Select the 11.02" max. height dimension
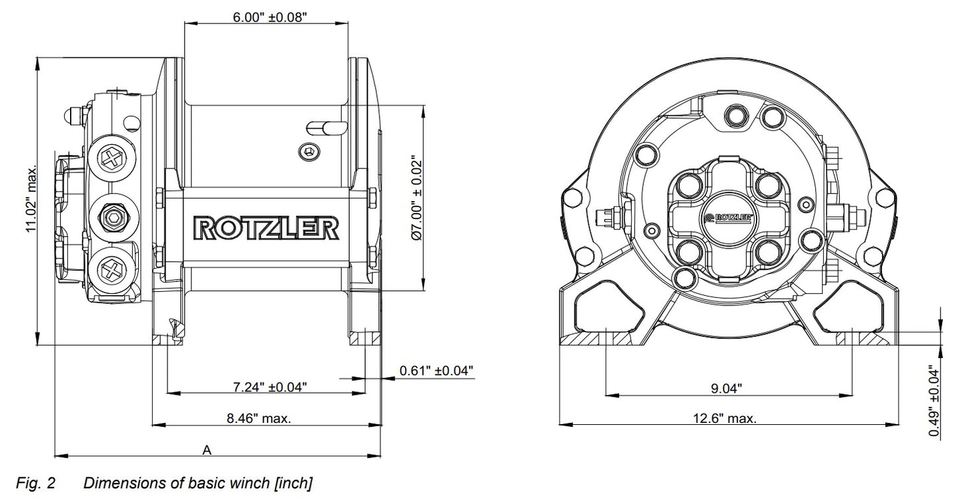pos(31,199)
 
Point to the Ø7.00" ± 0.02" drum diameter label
pos(416,198)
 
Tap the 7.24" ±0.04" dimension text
pos(270,386)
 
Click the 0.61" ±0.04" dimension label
pos(436,369)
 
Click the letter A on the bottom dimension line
pos(207,450)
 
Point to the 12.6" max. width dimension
pos(725,419)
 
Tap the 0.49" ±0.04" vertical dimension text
pos(935,403)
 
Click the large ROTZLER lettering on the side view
pos(265,228)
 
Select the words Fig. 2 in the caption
pos(36,482)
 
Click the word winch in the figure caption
pos(254,482)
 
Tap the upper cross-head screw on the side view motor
pos(109,158)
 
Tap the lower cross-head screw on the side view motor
pos(109,271)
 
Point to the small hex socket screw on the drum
pos(309,152)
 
